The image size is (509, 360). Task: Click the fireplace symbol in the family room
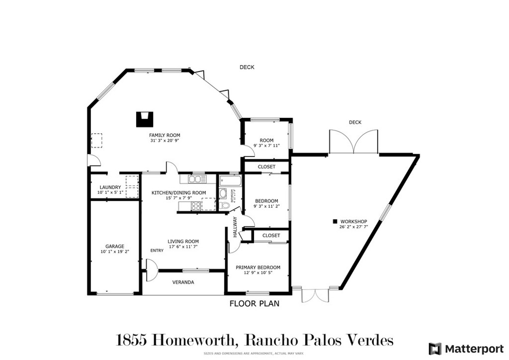tap(145, 119)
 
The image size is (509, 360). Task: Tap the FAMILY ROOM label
tap(165, 135)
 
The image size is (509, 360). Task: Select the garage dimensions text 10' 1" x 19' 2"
tap(115, 252)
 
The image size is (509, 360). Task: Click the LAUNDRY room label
tap(110, 187)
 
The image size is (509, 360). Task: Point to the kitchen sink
tap(197, 179)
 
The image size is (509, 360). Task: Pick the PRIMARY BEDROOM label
tap(258, 268)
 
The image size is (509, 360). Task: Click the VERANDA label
tap(183, 282)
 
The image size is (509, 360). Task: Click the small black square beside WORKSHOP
tap(335, 221)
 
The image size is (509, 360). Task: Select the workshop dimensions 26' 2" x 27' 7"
tap(353, 227)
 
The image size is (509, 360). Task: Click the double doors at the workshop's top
tap(353, 142)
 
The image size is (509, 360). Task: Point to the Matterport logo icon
tap(434, 349)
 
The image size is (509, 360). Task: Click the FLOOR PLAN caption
tap(254, 303)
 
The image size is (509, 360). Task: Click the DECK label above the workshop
tap(355, 122)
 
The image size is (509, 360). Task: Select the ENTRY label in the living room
tap(157, 251)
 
